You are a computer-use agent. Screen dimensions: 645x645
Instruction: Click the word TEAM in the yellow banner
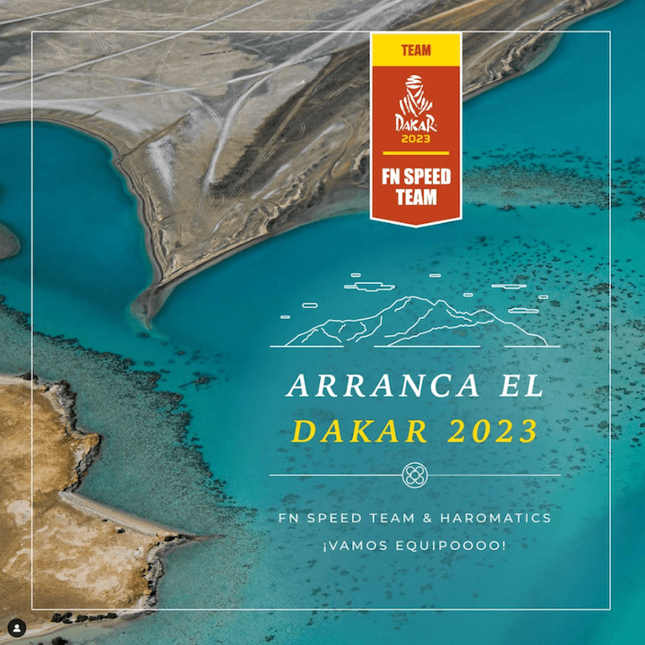coord(416,51)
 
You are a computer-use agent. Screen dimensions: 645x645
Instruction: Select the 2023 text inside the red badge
coord(416,139)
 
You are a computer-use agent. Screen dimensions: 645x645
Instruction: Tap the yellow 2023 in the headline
coord(492,432)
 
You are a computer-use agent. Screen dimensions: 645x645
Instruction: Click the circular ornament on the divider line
coord(414,475)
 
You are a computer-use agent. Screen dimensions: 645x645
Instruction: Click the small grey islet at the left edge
coord(7,240)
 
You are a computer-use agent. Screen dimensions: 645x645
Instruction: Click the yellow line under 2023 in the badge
coord(416,153)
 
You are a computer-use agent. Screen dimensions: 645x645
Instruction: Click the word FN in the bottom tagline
coord(288,519)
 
